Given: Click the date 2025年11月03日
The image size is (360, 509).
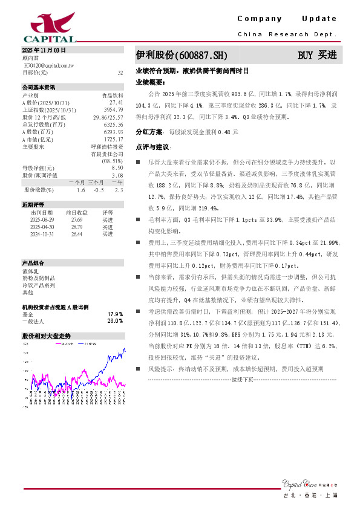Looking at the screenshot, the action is (x=44, y=50).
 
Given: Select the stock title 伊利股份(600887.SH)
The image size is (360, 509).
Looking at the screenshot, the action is (x=182, y=55).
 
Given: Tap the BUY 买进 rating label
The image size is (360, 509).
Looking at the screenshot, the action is (x=316, y=55).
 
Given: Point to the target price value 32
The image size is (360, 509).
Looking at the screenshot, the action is (x=120, y=72).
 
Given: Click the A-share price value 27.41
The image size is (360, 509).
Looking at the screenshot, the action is (x=117, y=103).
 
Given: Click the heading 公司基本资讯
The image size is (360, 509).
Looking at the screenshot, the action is (x=39, y=88).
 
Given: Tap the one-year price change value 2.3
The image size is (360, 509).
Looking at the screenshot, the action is (x=119, y=190).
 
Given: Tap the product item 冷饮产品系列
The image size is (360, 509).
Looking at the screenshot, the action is (x=39, y=285).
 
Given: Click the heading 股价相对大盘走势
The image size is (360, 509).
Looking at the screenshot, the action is (x=47, y=336).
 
